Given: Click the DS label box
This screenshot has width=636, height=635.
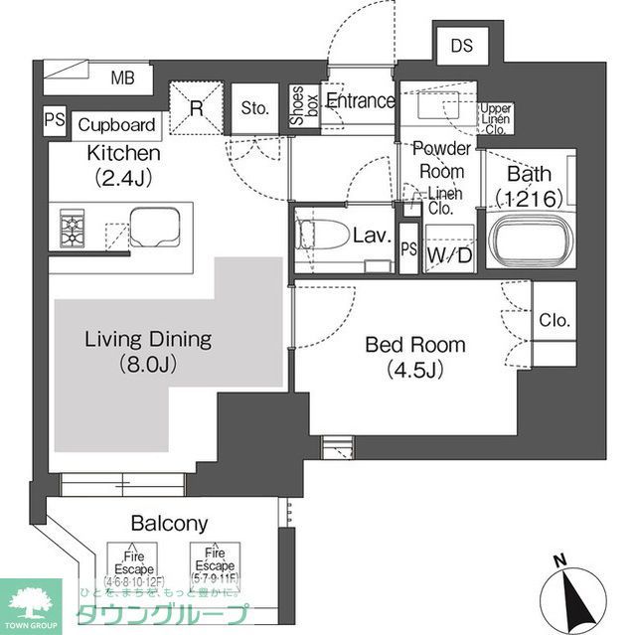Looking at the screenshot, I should (x=462, y=45).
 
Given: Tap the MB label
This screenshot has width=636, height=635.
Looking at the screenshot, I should (x=122, y=79).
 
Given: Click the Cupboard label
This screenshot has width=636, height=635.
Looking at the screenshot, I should (x=116, y=125).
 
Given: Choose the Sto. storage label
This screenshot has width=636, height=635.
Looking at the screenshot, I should (x=254, y=108).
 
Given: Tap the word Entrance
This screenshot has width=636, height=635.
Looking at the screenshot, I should (x=360, y=100).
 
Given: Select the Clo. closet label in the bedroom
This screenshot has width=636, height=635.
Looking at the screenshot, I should (x=555, y=321).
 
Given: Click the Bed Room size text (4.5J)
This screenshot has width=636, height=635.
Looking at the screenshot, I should (x=414, y=371).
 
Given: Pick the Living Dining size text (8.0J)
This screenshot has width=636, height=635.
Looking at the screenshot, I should (x=147, y=364).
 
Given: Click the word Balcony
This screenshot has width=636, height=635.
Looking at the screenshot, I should (x=166, y=524).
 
